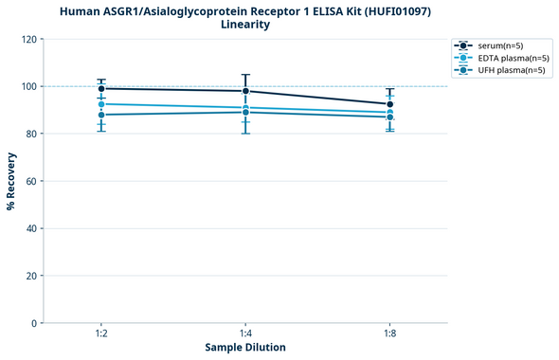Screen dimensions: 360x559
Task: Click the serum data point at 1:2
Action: coord(101,88)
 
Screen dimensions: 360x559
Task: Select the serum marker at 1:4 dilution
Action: coord(245,91)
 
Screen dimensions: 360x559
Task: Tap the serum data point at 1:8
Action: coord(390,104)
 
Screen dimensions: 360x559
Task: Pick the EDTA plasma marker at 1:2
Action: coord(101,104)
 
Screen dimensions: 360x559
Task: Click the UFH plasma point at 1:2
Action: coord(101,115)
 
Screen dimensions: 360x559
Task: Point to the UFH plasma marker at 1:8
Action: coord(390,117)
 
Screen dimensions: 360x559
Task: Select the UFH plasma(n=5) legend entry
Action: coord(503,71)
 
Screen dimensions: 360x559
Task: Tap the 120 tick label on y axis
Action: coord(27,40)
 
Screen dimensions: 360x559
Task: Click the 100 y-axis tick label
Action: coord(27,87)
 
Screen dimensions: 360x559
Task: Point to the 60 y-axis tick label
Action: coord(30,181)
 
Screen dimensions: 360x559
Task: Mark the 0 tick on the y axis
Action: coord(33,323)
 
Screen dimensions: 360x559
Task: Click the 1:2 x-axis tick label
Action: coord(101,334)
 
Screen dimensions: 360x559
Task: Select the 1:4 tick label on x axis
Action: coord(245,334)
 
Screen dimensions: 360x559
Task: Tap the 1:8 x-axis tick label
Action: coord(390,334)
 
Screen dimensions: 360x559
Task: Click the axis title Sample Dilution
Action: coord(245,348)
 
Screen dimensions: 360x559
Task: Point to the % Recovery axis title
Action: coord(11,181)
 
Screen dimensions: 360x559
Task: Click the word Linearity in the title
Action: coord(245,25)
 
